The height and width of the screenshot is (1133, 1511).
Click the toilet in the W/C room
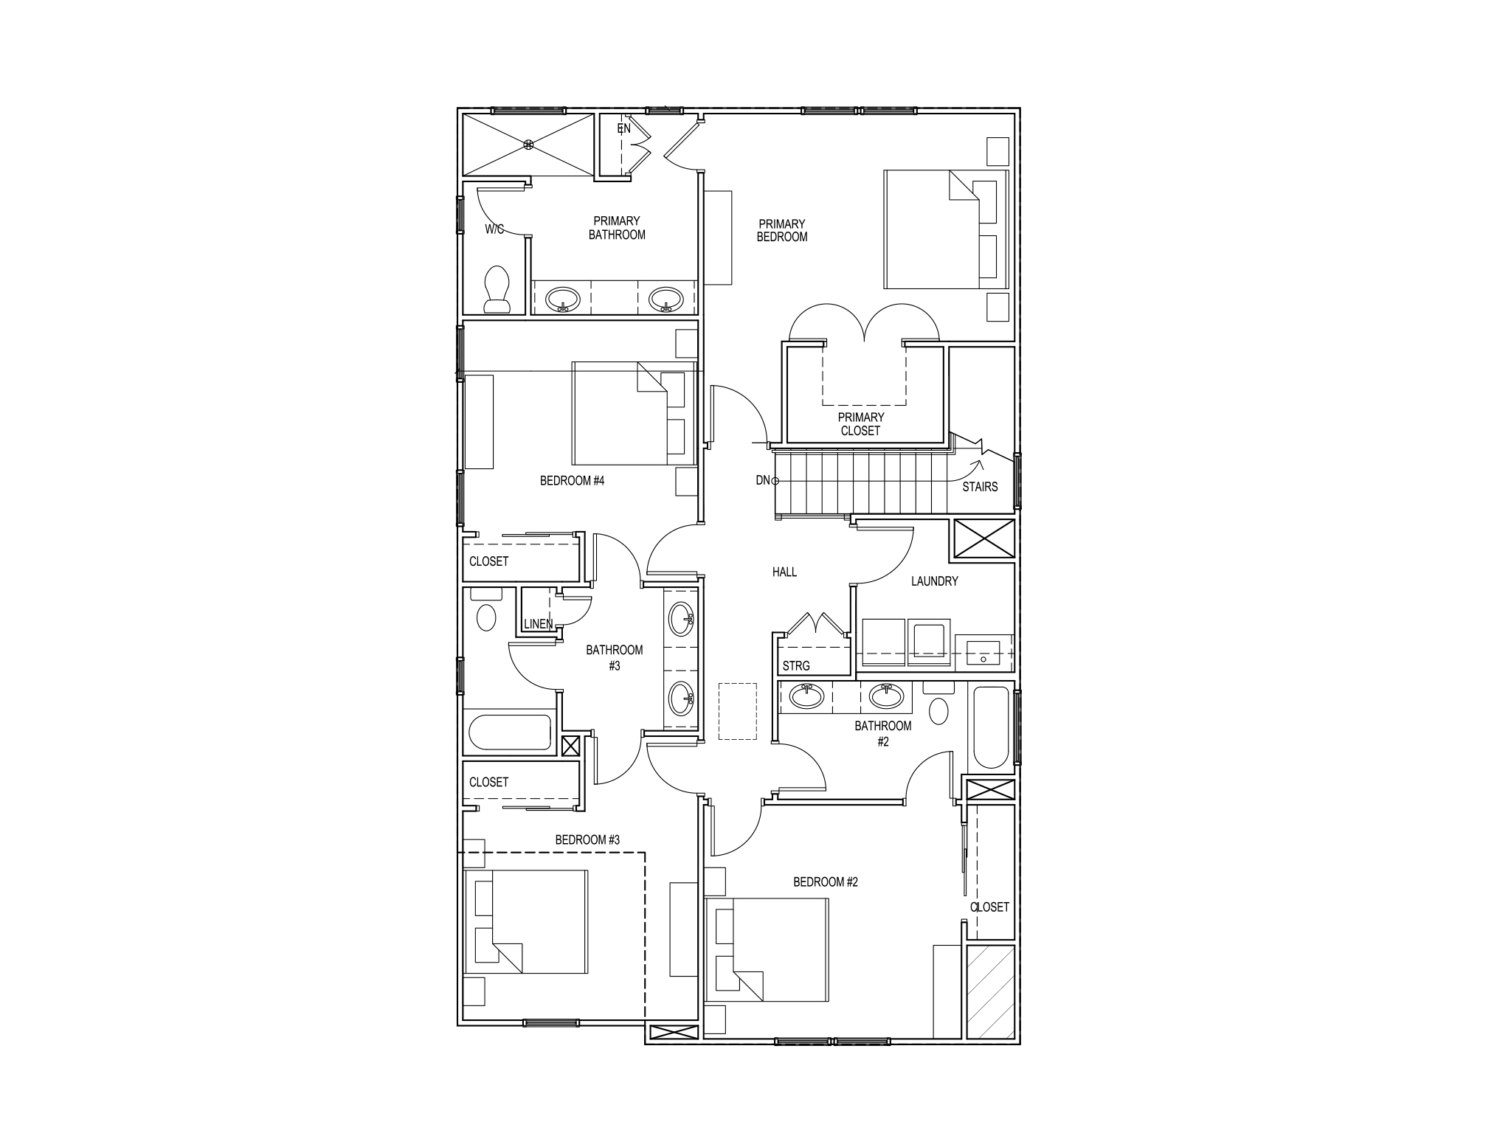tap(497, 288)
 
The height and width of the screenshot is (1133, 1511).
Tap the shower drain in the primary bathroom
tap(528, 145)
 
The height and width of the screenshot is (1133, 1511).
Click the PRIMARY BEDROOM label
tap(782, 230)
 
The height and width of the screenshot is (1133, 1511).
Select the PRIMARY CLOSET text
tap(860, 424)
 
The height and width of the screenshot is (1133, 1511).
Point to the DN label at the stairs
tap(763, 481)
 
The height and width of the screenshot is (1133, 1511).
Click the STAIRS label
tap(980, 487)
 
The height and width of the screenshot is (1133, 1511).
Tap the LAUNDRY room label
tap(934, 581)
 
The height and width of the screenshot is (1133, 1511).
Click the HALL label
tap(784, 572)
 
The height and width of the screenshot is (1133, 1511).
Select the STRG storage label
tap(796, 666)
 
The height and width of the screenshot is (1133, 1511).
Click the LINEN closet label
tap(538, 624)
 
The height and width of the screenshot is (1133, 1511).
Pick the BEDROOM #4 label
tap(572, 481)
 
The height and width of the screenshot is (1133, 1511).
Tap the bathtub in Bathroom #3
tap(510, 732)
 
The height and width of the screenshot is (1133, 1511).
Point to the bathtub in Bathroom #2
tap(991, 727)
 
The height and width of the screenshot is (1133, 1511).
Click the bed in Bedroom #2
tap(767, 949)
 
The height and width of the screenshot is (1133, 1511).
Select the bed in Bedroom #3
tap(526, 921)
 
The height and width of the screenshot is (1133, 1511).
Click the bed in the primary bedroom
tap(945, 229)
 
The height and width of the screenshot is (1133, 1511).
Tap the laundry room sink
tap(983, 653)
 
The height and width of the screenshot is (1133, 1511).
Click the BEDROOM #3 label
tap(587, 839)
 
